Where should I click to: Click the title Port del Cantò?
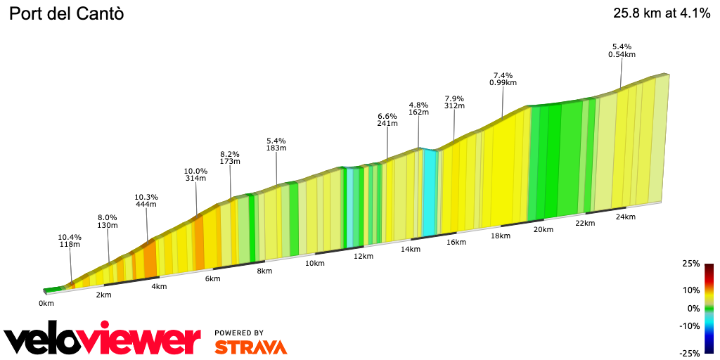pos(66,13)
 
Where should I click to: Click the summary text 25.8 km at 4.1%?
pos(662,13)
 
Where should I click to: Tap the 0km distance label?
pos(46,303)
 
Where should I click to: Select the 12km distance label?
pos(364,256)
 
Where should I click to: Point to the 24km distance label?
pos(625,217)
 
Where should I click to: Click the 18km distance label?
pos(501,236)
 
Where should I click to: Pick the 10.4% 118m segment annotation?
pos(70,241)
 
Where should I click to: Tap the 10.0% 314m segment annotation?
pos(195,174)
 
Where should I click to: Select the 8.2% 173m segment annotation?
pos(230,157)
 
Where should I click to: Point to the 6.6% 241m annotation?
pos(387,120)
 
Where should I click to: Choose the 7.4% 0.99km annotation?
pos(503,79)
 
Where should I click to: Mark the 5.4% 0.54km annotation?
pos(622,51)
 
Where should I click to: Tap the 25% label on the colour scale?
pos(690,264)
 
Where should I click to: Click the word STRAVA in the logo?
pos(250,347)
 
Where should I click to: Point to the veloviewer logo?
pos(102,340)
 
